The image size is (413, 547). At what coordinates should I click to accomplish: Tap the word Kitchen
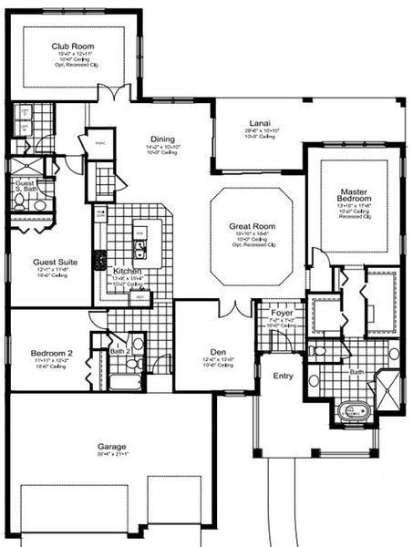(x=127, y=272)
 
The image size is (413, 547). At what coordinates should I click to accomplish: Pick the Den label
(x=217, y=352)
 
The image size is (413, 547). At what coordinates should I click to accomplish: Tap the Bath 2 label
(x=122, y=350)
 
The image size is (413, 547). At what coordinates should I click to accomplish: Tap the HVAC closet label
(x=98, y=142)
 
